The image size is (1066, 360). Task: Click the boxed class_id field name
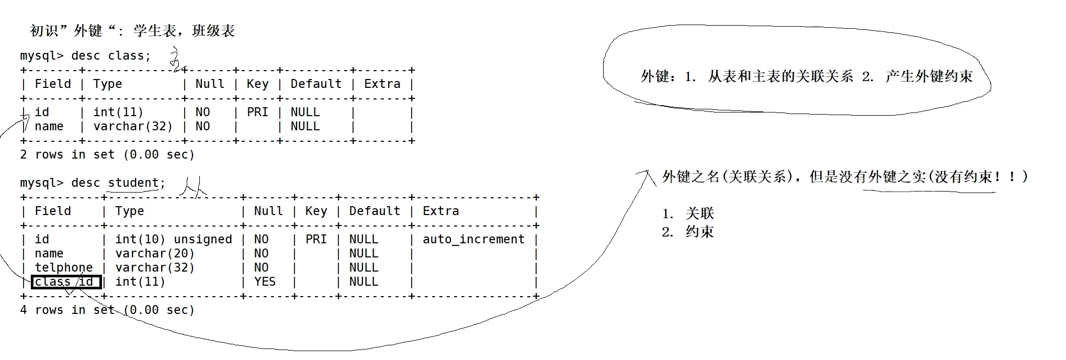pos(65,282)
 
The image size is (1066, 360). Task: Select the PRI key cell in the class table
pos(257,112)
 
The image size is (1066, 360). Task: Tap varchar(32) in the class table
pos(133,126)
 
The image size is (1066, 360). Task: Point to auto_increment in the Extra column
pos(473,239)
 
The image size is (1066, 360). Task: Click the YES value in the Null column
pos(265,282)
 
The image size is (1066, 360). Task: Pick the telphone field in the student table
pos(63,267)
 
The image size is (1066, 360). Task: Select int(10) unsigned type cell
pos(173,239)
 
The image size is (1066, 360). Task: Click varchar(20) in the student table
pos(155,253)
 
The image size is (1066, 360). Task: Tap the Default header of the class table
pos(316,84)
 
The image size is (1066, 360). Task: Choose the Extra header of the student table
pos(440,211)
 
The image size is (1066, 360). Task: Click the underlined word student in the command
pos(133,183)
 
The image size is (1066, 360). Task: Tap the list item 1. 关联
pos(688,213)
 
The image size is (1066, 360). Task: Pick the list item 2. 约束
pos(688,232)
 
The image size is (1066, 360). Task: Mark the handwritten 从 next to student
pos(192,187)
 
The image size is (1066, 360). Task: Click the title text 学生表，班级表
pos(184,31)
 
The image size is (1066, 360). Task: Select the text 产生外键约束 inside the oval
pos(929,76)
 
